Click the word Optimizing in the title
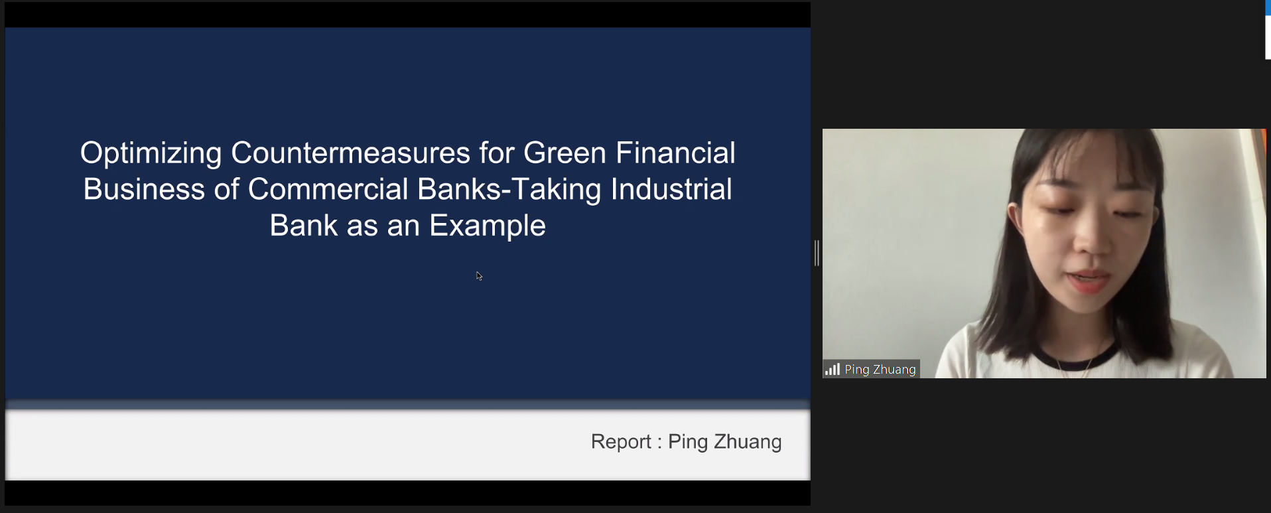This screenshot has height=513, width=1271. pos(151,154)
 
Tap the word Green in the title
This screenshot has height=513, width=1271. pos(565,153)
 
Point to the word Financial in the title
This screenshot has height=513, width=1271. pos(675,153)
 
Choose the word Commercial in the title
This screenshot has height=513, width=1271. pos(328,189)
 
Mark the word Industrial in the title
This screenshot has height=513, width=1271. pos(671,189)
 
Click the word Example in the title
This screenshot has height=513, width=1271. pos(488,227)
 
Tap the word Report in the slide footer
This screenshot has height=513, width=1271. pos(621,442)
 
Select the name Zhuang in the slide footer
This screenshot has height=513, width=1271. pos(748,443)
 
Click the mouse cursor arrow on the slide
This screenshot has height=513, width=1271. pos(479,276)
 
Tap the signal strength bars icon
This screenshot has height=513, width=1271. pos(833,369)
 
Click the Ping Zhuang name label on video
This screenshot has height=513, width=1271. pos(880,370)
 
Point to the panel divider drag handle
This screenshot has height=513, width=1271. pos(817,253)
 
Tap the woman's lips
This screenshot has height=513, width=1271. pos(1088,281)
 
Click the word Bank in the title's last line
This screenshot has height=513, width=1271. pos(304,226)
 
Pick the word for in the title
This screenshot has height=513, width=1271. pos(497,153)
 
